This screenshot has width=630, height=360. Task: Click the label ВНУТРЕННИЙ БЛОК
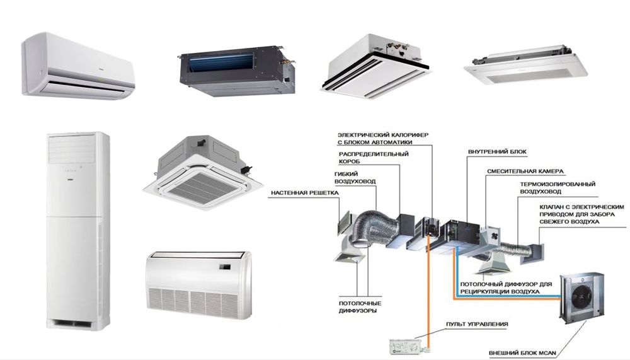click(x=497, y=152)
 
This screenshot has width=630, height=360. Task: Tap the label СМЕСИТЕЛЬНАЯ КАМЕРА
click(x=525, y=171)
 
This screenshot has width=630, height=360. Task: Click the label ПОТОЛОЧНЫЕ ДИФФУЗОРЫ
click(x=357, y=307)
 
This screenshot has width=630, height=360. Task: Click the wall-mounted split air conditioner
click(x=77, y=67)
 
